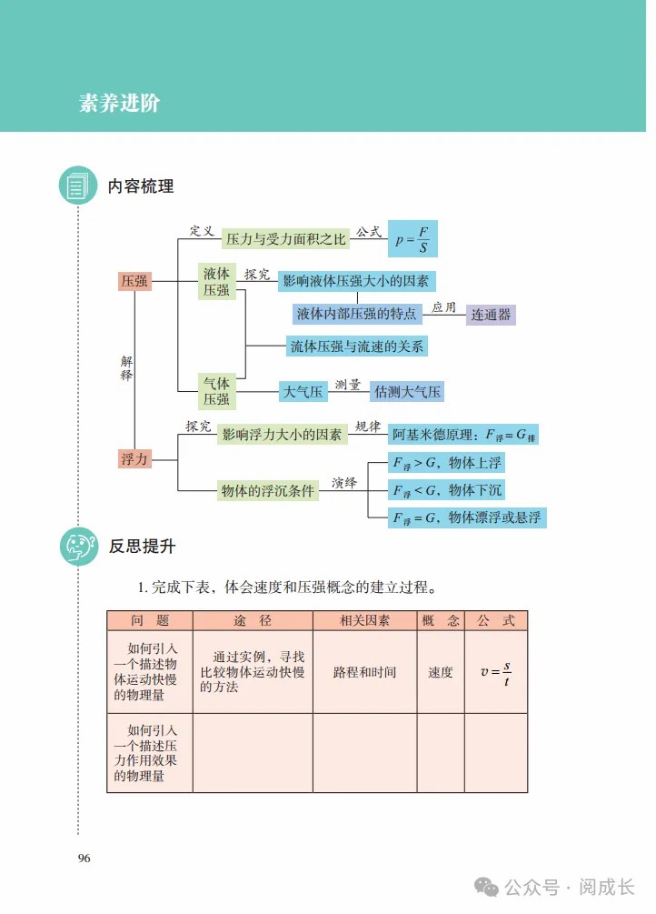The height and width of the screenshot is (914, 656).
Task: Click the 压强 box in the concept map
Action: pos(134,281)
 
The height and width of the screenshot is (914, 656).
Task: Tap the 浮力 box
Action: pos(134,458)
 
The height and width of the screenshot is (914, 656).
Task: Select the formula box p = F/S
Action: pos(412,238)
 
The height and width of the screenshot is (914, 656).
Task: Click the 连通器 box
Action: pos(491,315)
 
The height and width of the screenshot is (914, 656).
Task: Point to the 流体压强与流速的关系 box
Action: pos(357,347)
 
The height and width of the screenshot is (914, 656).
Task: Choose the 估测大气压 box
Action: pos(407,392)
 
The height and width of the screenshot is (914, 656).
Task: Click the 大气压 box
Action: pos(303,392)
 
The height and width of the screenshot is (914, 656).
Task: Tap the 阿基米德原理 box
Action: pos(463,435)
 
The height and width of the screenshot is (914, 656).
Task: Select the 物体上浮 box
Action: pos(446,463)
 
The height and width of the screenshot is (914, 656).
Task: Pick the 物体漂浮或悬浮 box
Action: pos(467,517)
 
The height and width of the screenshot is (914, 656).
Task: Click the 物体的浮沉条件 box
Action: pos(268,491)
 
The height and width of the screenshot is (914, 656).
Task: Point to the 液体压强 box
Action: pos(217,282)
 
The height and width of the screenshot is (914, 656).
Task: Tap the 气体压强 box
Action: pos(217,391)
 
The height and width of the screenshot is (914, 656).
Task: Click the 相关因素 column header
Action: pos(364,621)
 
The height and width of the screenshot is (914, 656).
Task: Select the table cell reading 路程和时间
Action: pos(364,672)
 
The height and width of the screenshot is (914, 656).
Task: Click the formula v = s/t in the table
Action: pos(496,673)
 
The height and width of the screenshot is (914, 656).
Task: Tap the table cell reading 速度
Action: pos(441,672)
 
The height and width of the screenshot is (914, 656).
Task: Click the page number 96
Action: pos(84,858)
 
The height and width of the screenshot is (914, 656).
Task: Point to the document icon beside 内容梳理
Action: pos(78,186)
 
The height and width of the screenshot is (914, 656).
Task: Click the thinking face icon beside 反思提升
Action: pos(79,547)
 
